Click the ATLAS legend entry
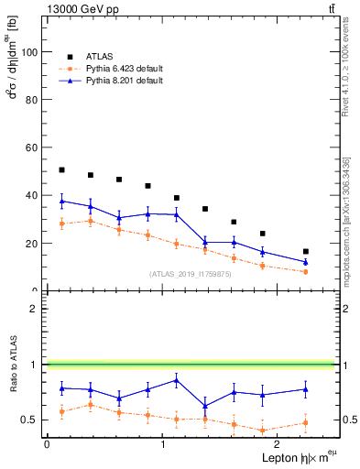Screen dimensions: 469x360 pyautogui.click(x=100, y=56)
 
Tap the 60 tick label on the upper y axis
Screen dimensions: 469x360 pyautogui.click(x=34, y=147)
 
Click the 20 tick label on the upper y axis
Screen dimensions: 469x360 pyautogui.click(x=34, y=244)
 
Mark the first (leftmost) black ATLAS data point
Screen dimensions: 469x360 pyautogui.click(x=61, y=169)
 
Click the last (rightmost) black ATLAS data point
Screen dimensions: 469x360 pyautogui.click(x=305, y=251)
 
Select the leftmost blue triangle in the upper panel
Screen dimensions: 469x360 pyautogui.click(x=61, y=201)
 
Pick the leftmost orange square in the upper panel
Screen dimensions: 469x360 pyautogui.click(x=61, y=224)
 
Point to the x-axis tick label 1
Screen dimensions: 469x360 pyautogui.click(x=162, y=443)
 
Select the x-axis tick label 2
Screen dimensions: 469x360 pyautogui.click(x=278, y=443)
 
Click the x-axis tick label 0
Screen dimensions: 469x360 pyautogui.click(x=47, y=443)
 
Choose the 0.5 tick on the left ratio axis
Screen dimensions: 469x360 pyautogui.click(x=31, y=420)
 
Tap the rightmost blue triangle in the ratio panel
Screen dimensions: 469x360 pyautogui.click(x=305, y=389)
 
